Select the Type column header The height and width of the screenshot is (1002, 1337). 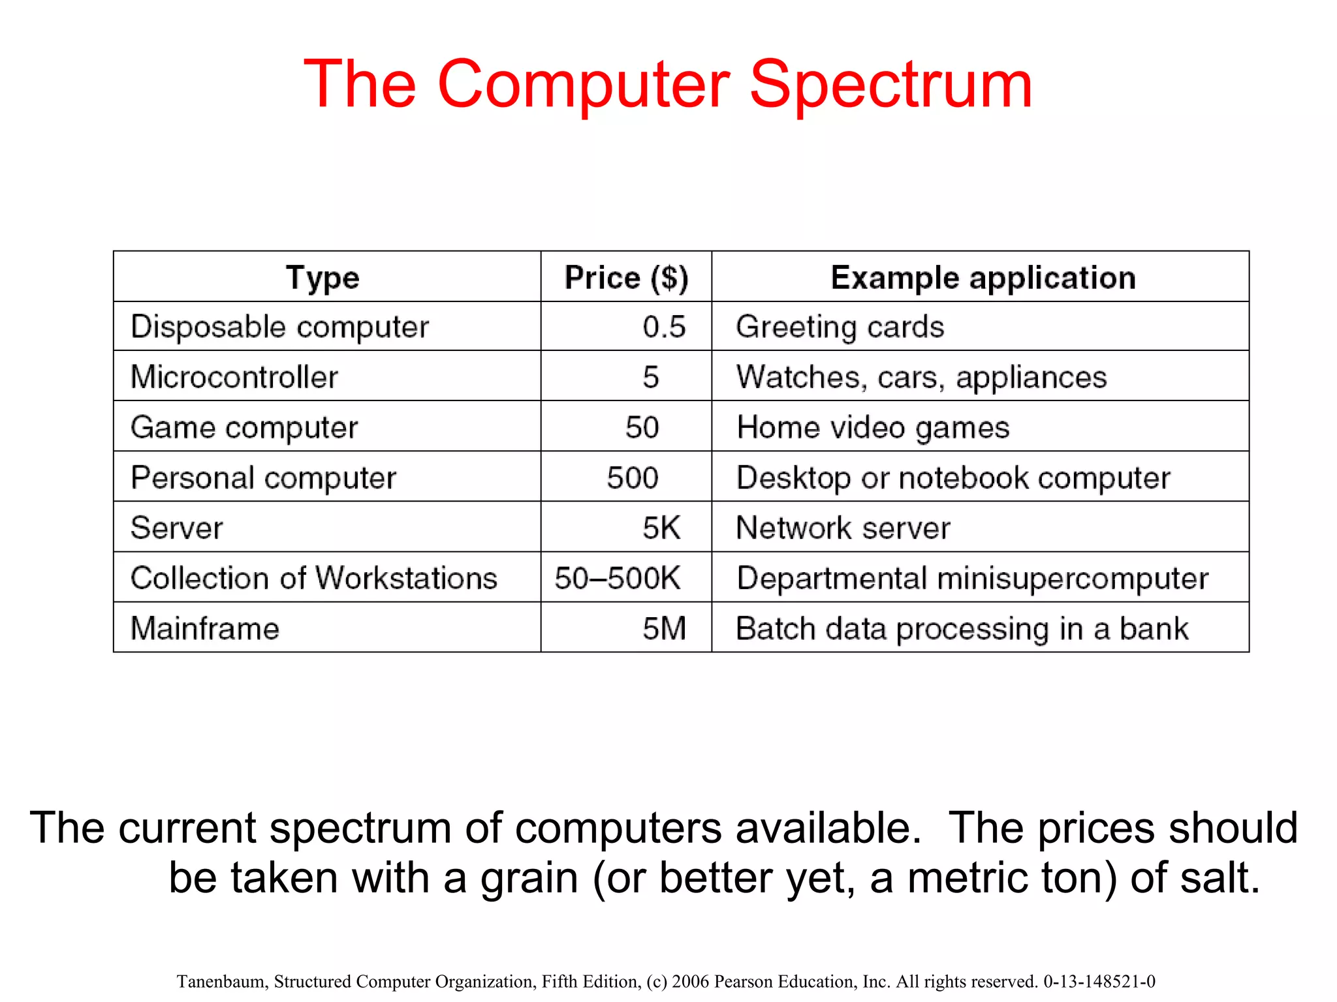[x=322, y=278]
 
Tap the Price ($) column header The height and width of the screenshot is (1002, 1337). [x=626, y=278]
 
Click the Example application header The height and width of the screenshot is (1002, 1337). [x=983, y=278]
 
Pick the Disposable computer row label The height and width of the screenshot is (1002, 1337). [x=279, y=327]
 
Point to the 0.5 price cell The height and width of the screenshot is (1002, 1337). [x=664, y=327]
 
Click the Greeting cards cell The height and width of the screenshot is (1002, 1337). [x=840, y=327]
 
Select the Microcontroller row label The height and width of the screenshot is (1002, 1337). [x=234, y=377]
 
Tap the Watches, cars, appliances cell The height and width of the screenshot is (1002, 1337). [x=921, y=377]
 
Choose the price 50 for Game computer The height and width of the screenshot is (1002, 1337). [x=642, y=427]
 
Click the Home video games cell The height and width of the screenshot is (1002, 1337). [x=873, y=427]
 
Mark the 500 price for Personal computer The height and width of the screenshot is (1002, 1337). [x=632, y=478]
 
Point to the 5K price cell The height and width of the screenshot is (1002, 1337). [x=661, y=528]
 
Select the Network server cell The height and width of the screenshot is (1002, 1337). [x=843, y=528]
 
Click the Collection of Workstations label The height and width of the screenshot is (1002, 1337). [x=313, y=578]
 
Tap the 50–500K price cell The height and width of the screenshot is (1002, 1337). [x=618, y=578]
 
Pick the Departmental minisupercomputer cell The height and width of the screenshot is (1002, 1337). [x=972, y=578]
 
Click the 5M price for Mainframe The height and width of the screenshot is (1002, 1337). [x=664, y=628]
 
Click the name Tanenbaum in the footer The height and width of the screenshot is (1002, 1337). [x=222, y=982]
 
